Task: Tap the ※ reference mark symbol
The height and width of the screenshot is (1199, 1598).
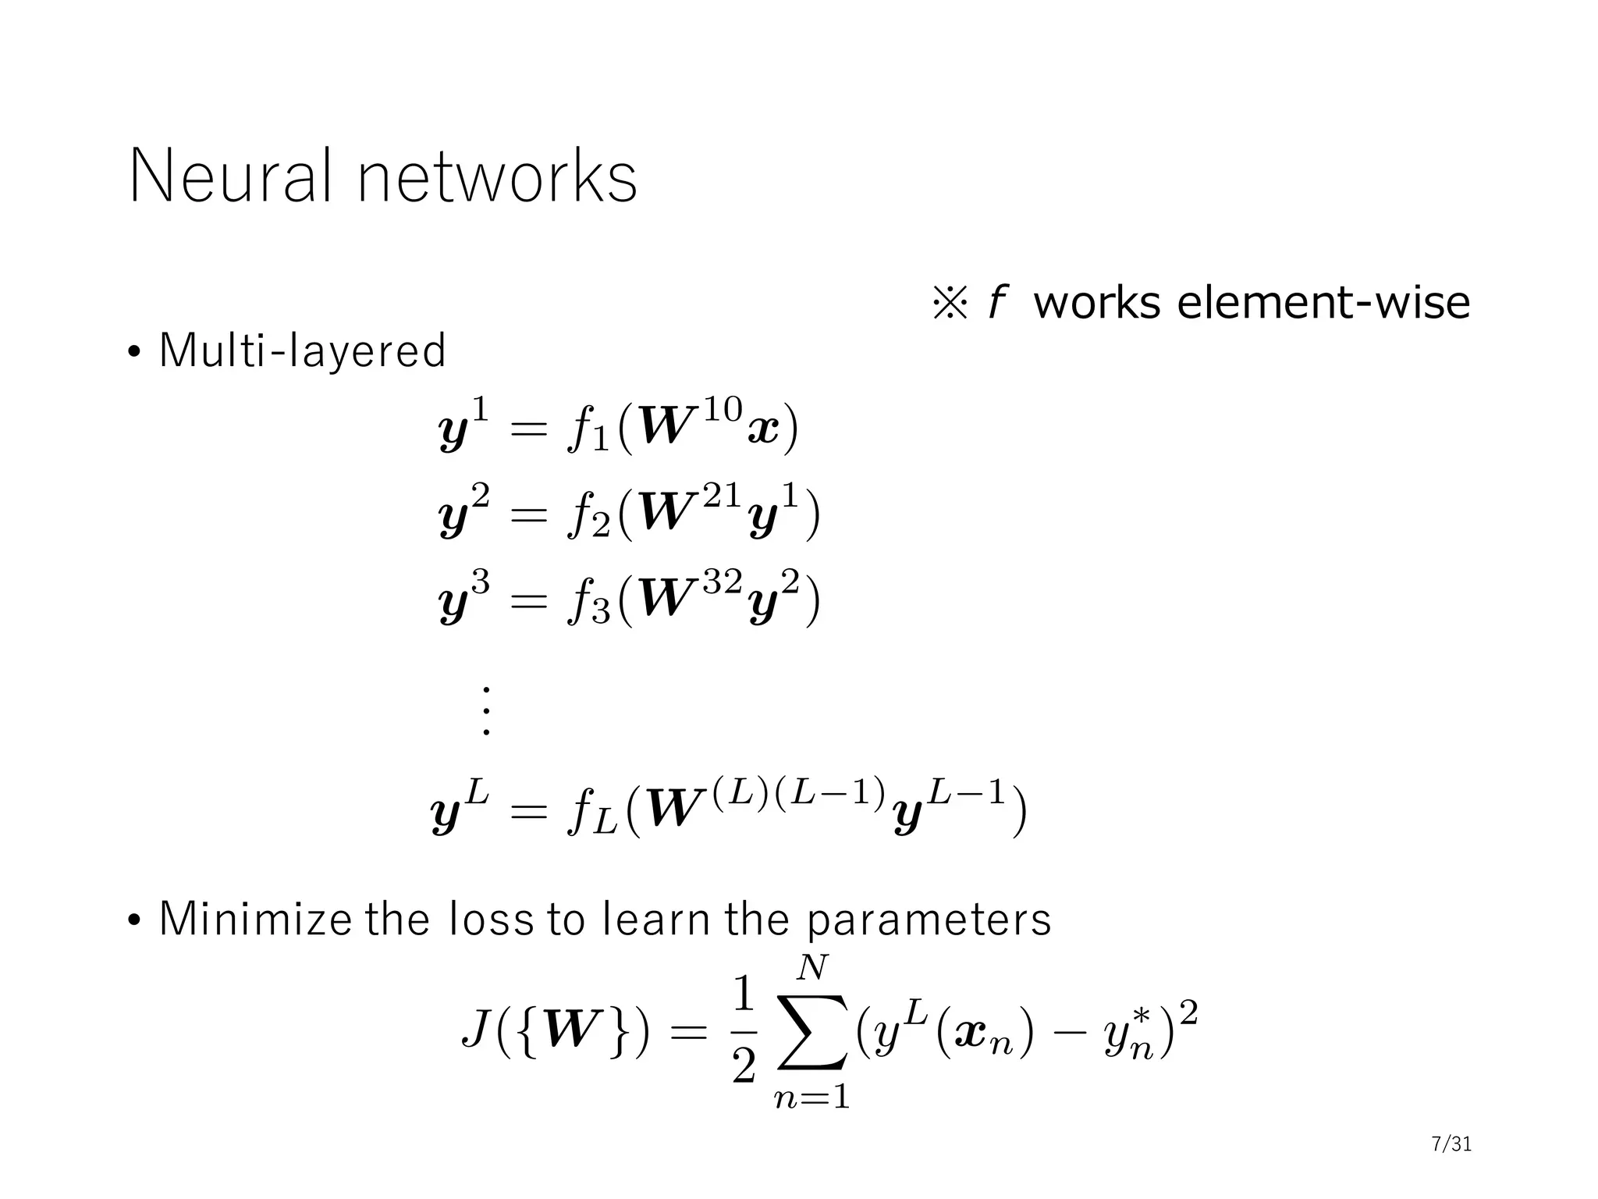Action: pos(950,303)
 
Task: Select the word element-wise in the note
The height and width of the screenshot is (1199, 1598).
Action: pos(1323,302)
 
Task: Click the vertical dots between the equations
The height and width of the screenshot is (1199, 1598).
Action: pos(485,711)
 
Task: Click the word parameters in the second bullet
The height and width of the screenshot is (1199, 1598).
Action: pos(928,920)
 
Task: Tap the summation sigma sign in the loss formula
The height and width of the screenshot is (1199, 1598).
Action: pos(812,1031)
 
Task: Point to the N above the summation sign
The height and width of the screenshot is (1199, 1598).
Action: pos(812,968)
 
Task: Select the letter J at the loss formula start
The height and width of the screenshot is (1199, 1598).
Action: pos(476,1031)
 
